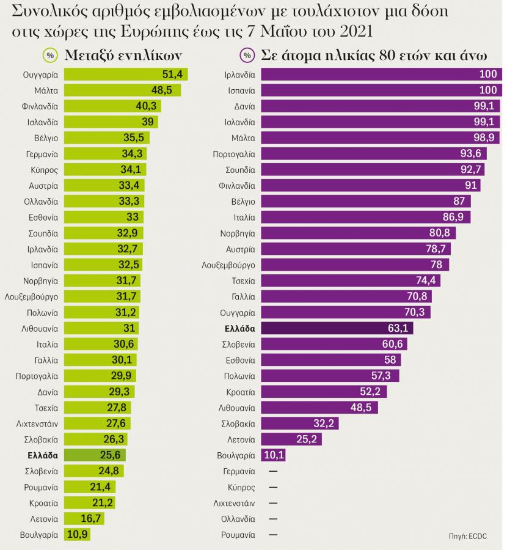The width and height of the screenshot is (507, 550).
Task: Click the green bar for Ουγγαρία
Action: [125, 74]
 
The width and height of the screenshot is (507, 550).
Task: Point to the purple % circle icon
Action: [247, 55]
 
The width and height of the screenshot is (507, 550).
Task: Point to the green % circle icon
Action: [50, 55]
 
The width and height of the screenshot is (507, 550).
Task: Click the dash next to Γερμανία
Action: [272, 471]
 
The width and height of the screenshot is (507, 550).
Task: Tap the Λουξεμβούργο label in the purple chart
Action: [228, 265]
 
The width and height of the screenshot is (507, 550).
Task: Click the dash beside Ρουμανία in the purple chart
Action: [272, 535]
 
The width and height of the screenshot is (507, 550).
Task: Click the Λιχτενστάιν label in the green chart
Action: [37, 424]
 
